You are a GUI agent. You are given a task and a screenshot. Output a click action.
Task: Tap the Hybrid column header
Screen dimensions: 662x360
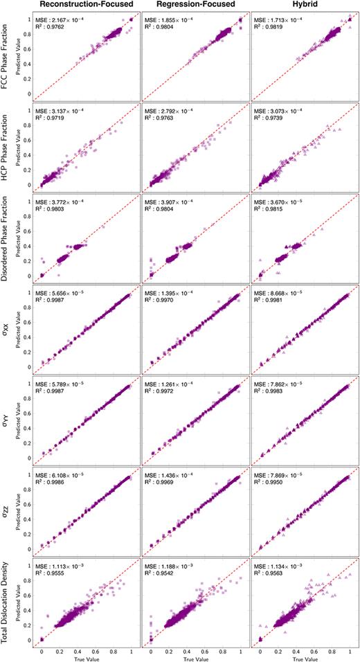point(303,6)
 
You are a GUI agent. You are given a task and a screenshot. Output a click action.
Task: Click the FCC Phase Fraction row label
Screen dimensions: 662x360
point(6,57)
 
